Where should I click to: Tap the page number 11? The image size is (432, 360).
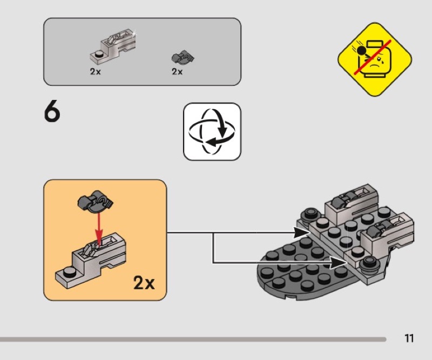pos(409,339)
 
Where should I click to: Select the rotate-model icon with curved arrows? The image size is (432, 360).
pos(212,131)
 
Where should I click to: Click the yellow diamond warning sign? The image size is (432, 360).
pos(375,59)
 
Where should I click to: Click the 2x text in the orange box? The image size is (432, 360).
pos(144,282)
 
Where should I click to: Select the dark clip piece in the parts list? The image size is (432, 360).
pos(183,57)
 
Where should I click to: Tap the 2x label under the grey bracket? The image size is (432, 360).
pos(96,72)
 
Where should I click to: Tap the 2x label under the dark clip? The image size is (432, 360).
pos(177,72)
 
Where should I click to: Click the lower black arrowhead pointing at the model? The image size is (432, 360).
pos(340,263)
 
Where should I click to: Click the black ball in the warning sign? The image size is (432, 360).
pos(362,52)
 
